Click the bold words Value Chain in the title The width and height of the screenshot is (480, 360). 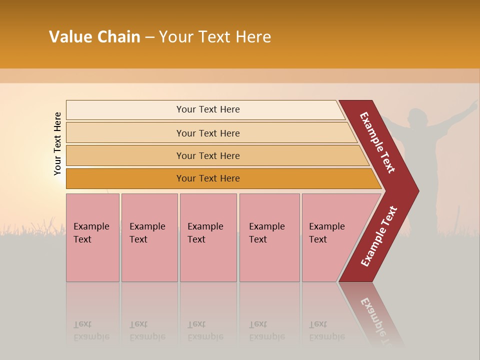94,37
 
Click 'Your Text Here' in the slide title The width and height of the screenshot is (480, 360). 215,37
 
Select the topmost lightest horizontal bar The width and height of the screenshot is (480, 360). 208,109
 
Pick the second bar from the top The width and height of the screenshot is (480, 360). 208,133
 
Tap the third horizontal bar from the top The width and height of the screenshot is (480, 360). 208,155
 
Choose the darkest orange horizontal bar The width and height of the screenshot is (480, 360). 208,178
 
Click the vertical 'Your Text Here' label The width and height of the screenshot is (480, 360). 57,143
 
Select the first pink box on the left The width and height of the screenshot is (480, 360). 92,237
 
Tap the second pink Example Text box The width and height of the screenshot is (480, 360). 149,237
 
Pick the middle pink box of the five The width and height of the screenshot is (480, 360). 208,237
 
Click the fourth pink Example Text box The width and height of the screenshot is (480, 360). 269,237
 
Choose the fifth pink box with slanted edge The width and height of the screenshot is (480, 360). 330,237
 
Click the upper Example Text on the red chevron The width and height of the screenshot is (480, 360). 377,142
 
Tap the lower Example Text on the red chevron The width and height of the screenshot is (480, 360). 378,236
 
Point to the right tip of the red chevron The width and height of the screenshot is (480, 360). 417,191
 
